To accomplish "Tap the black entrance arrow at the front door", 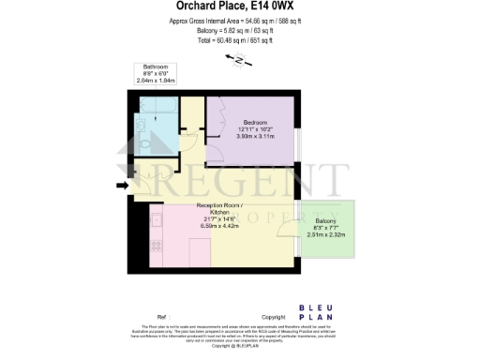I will (121, 186).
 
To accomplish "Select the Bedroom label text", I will (256, 123).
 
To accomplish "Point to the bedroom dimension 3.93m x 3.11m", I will (256, 138).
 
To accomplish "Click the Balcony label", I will (327, 221).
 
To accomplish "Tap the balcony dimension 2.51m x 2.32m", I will (327, 234).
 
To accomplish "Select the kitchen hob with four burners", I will (157, 226).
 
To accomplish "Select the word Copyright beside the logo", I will (272, 318).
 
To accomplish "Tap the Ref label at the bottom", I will (162, 318).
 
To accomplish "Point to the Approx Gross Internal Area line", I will (239, 21).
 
